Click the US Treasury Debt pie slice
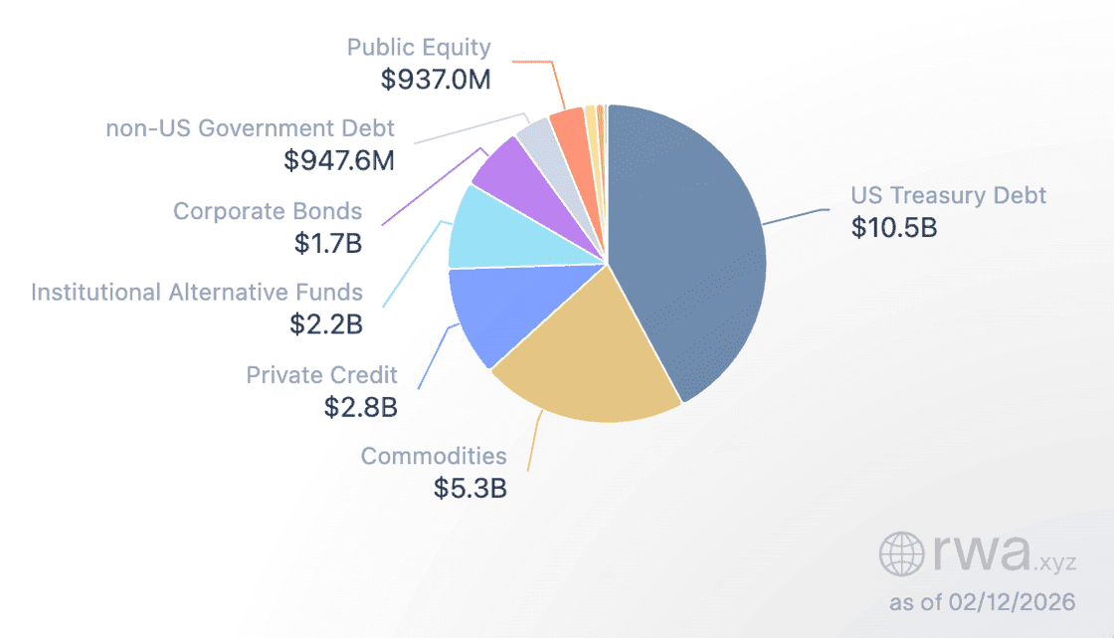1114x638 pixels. pyautogui.click(x=696, y=249)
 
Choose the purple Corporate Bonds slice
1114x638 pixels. pyautogui.click(x=513, y=167)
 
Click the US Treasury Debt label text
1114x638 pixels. pyautogui.click(x=948, y=195)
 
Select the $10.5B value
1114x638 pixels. pyautogui.click(x=894, y=227)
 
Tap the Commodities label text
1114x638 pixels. pyautogui.click(x=434, y=456)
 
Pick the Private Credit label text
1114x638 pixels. pyautogui.click(x=321, y=375)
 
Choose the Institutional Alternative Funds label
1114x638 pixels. pyautogui.click(x=197, y=293)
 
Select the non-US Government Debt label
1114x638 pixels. pyautogui.click(x=250, y=128)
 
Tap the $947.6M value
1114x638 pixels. pyautogui.click(x=338, y=160)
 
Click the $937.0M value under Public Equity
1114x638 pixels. pyautogui.click(x=436, y=79)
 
